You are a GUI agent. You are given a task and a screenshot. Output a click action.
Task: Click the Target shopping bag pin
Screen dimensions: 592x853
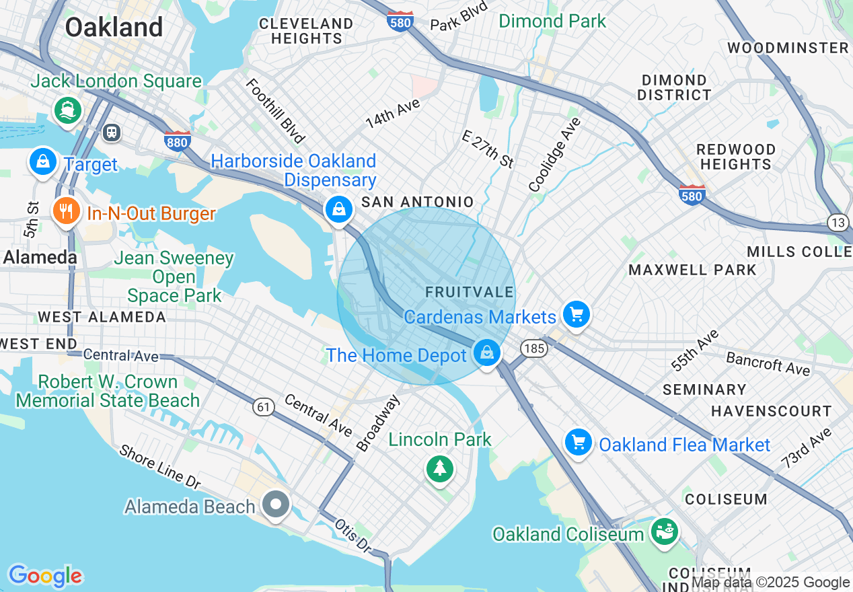pos(43,162)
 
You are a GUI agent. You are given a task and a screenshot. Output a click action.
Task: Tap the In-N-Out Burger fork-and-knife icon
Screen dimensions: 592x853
pos(65,212)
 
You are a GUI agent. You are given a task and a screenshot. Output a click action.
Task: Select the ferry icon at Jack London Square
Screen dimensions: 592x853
pos(67,110)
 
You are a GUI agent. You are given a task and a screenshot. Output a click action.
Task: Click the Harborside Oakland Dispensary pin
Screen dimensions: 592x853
pos(340,209)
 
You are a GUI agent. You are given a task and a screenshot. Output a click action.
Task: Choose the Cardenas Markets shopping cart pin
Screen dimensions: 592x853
pos(577,314)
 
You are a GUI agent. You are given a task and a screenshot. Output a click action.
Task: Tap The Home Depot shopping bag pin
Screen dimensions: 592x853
pos(486,353)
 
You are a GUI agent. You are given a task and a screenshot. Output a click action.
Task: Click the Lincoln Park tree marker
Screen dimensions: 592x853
pos(440,468)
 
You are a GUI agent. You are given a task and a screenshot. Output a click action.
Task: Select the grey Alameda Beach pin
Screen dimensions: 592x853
pos(275,504)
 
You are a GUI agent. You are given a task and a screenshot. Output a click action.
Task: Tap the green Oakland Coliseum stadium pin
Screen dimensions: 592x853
pos(664,531)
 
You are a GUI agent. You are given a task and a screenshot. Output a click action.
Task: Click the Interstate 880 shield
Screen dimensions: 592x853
pos(177,140)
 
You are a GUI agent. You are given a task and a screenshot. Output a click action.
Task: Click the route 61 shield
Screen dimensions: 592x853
pos(264,406)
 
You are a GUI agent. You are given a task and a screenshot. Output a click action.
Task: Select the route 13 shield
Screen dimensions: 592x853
pos(838,223)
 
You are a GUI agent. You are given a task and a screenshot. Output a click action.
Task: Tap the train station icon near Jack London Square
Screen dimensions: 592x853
pos(112,133)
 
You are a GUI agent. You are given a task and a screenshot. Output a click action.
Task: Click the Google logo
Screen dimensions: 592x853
pos(45,576)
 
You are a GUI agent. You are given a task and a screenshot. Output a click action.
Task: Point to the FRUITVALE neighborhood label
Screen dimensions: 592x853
pos(469,293)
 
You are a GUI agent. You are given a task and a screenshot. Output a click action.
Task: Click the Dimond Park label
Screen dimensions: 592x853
pos(552,22)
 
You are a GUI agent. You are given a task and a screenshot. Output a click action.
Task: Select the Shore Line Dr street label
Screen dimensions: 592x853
pos(160,466)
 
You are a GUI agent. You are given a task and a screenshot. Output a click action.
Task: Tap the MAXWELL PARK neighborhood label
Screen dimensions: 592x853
pos(692,270)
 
